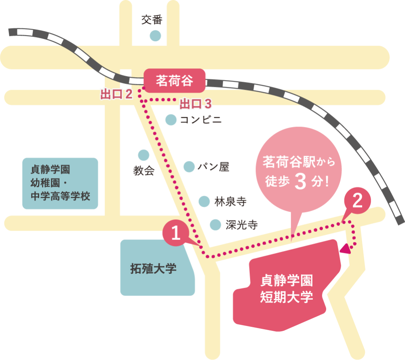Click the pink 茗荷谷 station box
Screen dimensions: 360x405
pos(175,81)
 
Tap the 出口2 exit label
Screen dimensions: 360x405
pos(117,95)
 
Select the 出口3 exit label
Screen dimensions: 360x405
pos(196,104)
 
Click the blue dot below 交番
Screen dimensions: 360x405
pos(155,36)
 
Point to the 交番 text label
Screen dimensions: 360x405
pos(152,20)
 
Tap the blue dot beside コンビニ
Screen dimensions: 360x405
pos(171,120)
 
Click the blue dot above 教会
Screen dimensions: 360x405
pos(143,155)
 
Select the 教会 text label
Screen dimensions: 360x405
pos(144,171)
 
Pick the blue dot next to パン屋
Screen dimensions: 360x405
pos(189,167)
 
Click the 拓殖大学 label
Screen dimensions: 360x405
pos(153,269)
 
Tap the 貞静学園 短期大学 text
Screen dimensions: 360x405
pos(287,288)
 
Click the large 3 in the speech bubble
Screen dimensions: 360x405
pos(300,182)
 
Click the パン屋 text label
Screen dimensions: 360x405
pos(213,167)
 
